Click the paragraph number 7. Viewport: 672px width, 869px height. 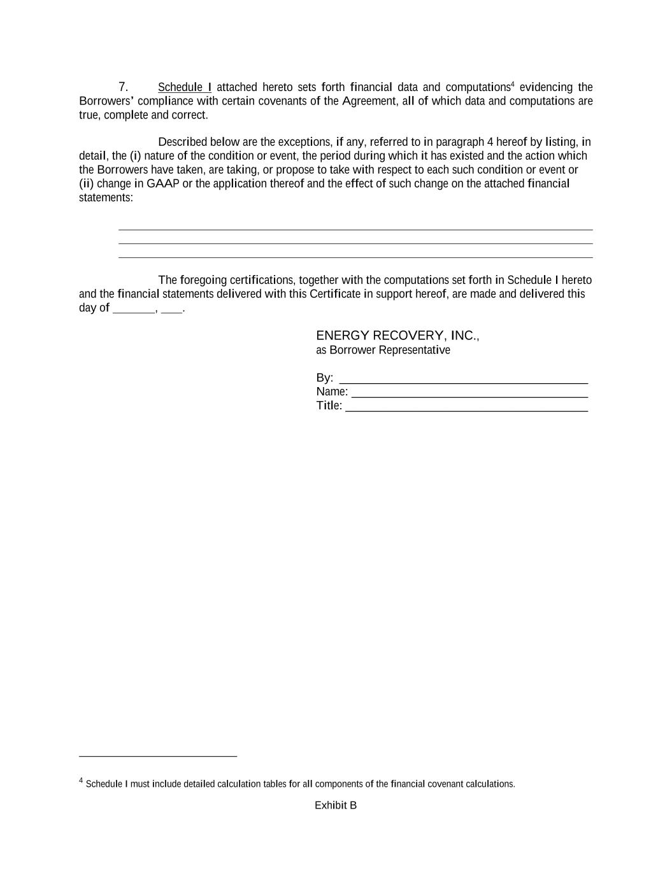coord(123,87)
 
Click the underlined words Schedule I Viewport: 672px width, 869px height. coord(184,87)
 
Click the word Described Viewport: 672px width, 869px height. coord(182,142)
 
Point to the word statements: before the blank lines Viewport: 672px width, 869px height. coord(106,198)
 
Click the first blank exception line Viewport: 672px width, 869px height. coord(355,229)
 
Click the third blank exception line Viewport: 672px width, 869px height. coord(355,257)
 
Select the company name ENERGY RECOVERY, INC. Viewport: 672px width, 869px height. coord(397,336)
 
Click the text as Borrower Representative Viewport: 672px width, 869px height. coord(383,350)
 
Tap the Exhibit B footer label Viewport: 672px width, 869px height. coord(336,805)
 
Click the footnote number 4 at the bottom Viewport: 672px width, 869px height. coord(81,781)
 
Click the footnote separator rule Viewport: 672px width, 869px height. coord(157,756)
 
